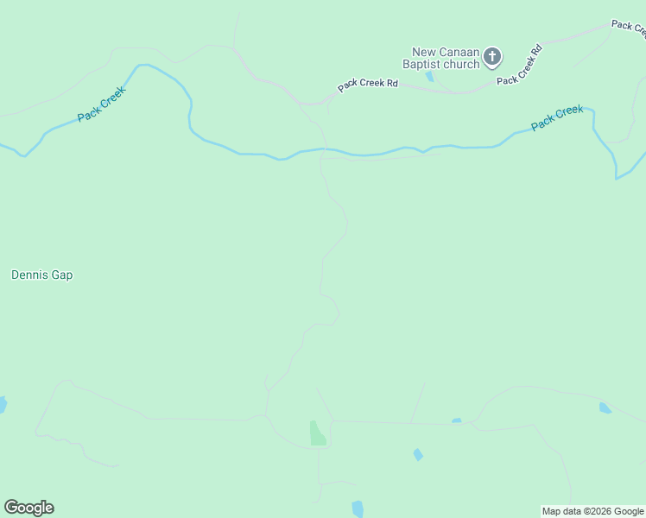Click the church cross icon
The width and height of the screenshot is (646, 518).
pos(492,58)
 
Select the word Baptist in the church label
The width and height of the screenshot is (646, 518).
pos(424,64)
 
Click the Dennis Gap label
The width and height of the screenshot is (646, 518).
pos(41,275)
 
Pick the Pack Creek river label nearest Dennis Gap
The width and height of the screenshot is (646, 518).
pos(101,104)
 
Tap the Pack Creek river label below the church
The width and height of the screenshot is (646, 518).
pos(557,117)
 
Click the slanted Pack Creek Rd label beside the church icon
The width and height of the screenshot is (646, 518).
pos(519,65)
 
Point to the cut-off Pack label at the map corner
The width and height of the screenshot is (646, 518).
pos(628,28)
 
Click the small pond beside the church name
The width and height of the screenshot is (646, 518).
pos(429,77)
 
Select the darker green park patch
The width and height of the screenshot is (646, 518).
pos(318,433)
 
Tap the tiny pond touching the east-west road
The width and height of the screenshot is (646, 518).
pos(456,421)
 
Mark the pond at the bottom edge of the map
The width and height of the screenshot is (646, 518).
pos(358,509)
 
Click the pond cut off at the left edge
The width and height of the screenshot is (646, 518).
pos(3,404)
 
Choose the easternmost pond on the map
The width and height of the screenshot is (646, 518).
pos(605,407)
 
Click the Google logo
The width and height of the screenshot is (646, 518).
pos(28,508)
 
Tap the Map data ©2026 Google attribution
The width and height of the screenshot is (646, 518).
pos(592,511)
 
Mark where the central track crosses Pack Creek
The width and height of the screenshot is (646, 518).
pos(321,153)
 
